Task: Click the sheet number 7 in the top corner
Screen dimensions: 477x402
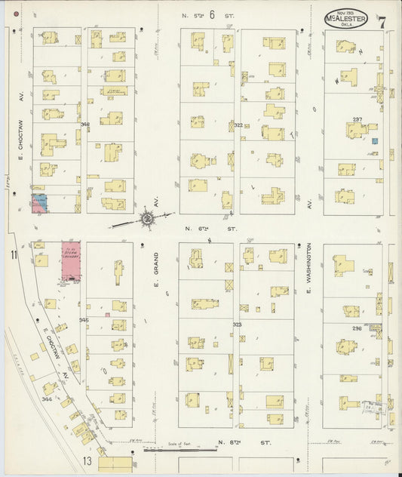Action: tap(382, 20)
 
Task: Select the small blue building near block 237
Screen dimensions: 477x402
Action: tap(373, 140)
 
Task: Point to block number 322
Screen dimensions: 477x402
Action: tap(238, 125)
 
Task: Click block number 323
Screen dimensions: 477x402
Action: tap(238, 325)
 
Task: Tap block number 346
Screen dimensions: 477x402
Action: tap(84, 124)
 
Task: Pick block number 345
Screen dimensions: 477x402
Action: tap(84, 320)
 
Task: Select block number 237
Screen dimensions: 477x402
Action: tap(358, 119)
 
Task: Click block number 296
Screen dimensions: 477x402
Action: tap(357, 328)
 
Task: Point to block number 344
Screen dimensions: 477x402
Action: tap(47, 399)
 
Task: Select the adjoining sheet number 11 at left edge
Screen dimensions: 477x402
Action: tap(13, 256)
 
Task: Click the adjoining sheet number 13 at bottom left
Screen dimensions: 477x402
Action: tap(87, 460)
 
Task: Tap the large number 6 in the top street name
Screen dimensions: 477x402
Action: tap(213, 14)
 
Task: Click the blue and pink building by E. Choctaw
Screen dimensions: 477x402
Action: tap(39, 202)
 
